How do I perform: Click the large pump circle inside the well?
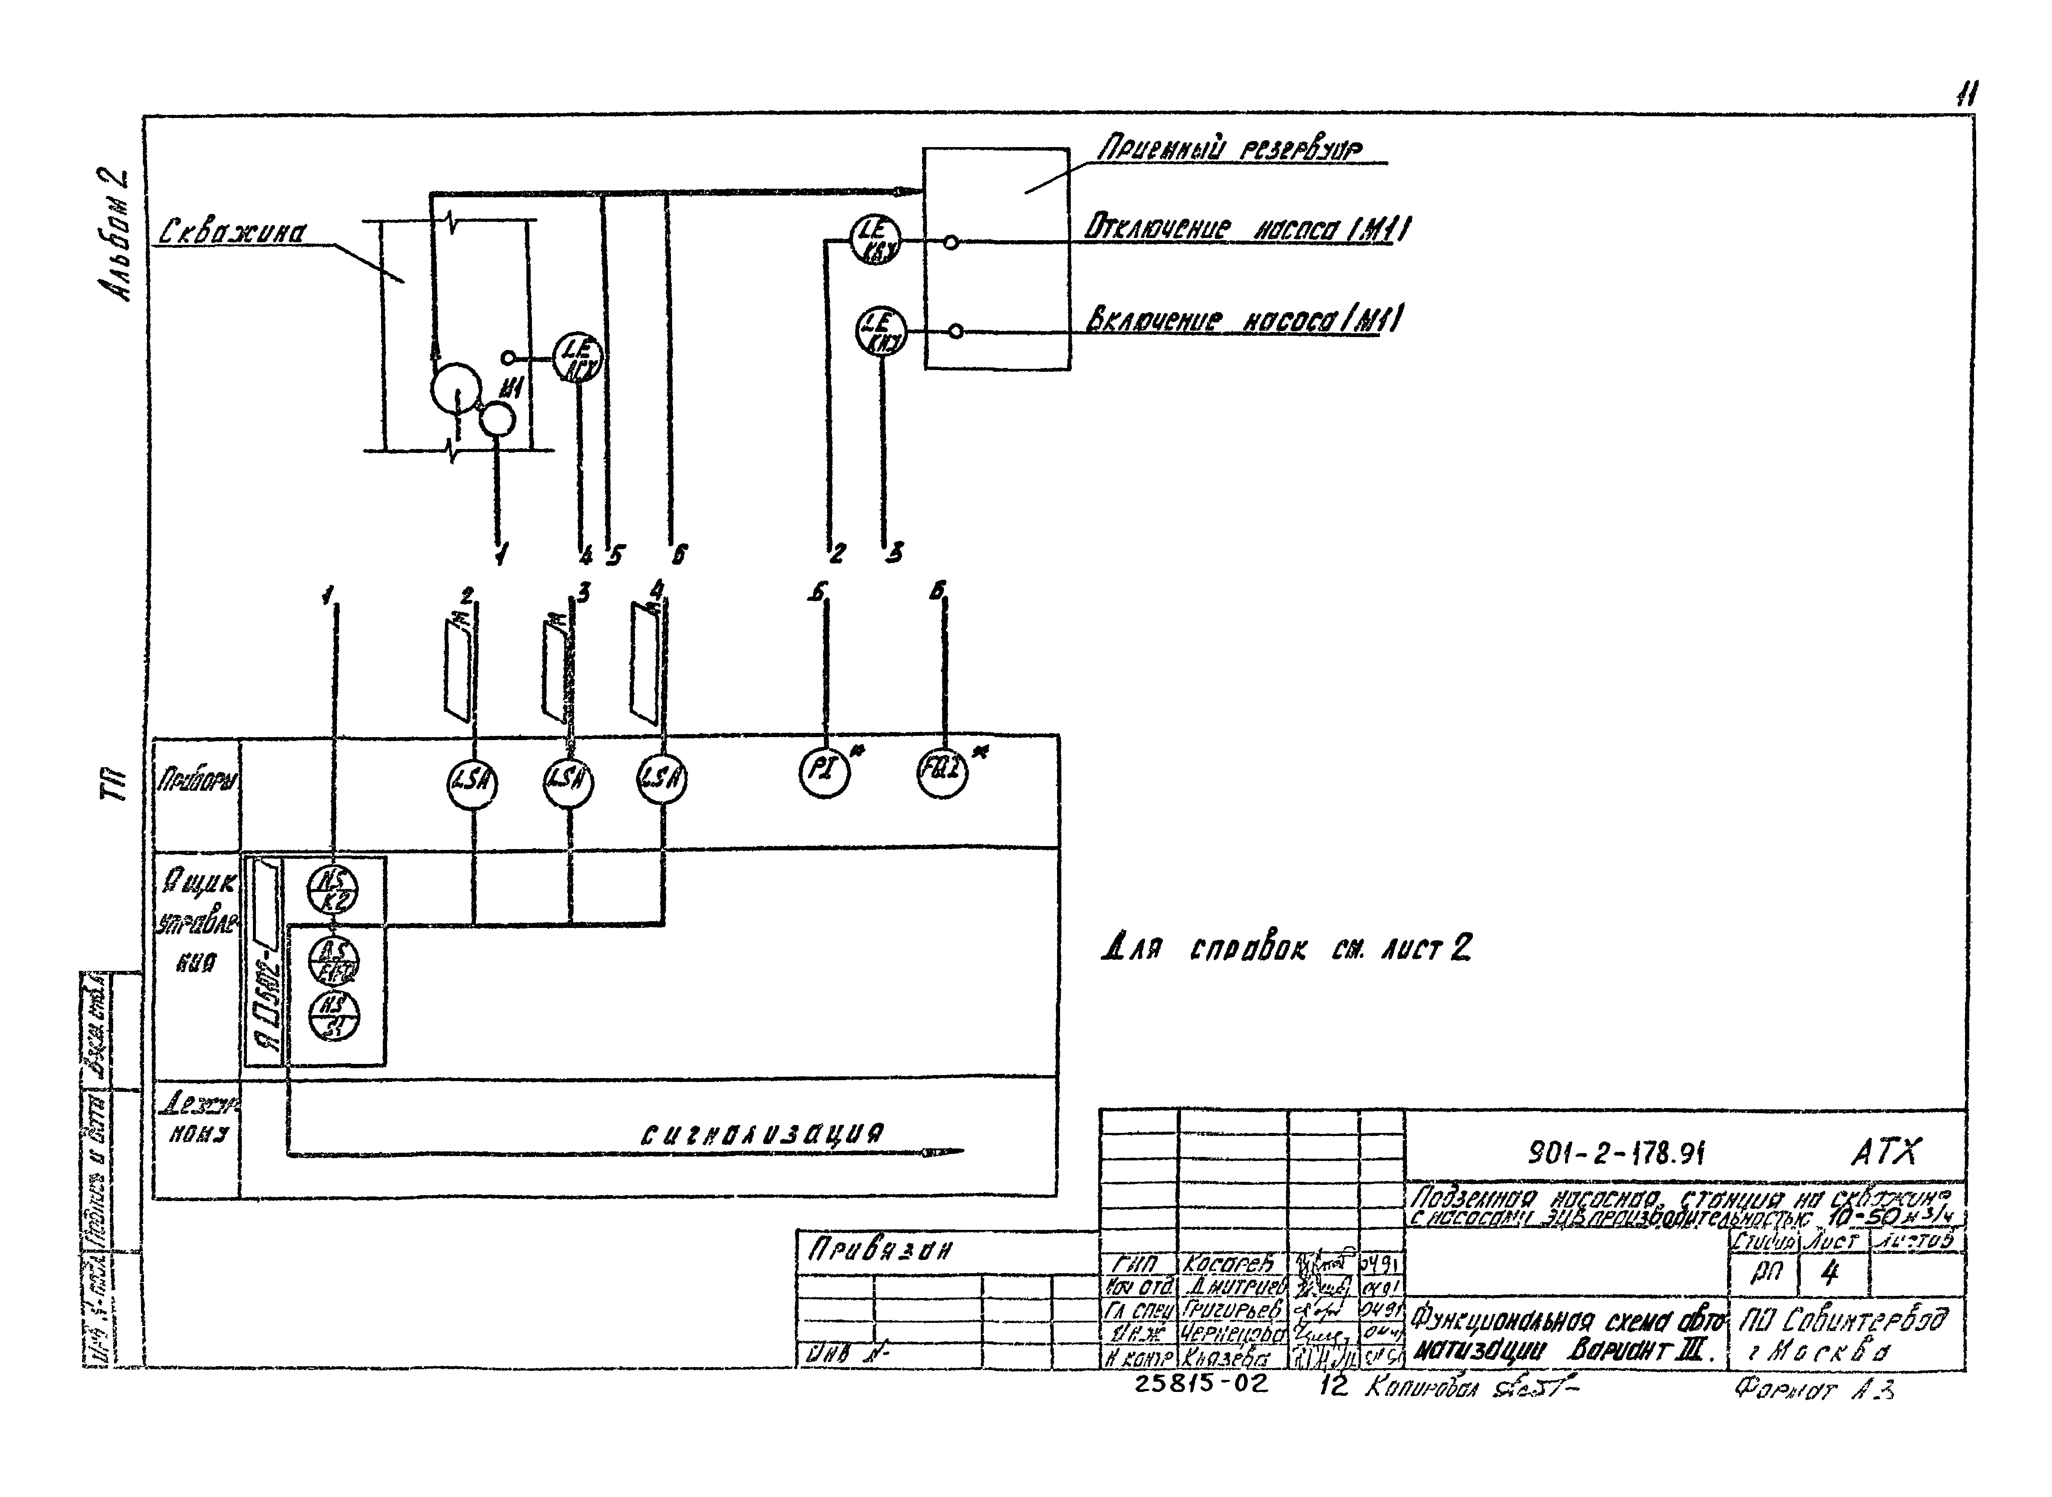click(x=456, y=390)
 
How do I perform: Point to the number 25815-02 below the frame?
click(x=1201, y=1384)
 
